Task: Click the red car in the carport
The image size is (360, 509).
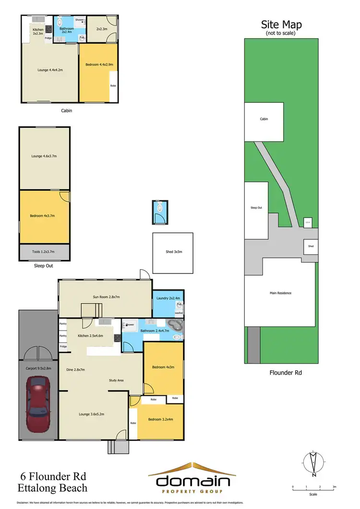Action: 38,402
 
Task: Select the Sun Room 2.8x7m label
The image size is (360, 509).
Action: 106,297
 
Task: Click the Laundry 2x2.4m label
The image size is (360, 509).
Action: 167,298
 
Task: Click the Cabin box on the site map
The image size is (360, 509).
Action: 264,119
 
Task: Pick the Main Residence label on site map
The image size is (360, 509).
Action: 280,293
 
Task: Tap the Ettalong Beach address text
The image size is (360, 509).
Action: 54,488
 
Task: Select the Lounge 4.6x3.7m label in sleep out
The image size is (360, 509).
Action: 43,156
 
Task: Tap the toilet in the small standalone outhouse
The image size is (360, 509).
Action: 160,209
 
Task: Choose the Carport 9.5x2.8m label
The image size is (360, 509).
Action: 38,369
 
